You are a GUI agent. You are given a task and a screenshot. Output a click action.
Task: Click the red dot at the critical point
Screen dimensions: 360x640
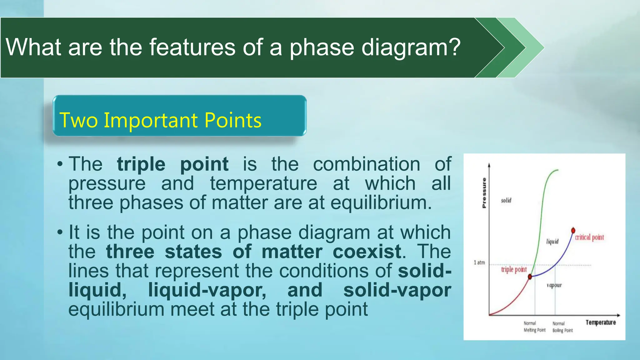click(573, 231)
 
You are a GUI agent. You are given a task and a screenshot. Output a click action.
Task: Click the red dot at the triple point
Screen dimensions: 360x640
click(530, 277)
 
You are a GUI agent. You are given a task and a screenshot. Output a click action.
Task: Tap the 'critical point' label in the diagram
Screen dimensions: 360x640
click(589, 237)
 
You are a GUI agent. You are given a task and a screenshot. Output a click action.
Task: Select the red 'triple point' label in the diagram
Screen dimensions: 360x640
click(514, 269)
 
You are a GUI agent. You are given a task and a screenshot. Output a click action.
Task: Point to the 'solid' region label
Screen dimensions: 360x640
click(506, 200)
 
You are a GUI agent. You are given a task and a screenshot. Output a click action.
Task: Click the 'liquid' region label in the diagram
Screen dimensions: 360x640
click(552, 242)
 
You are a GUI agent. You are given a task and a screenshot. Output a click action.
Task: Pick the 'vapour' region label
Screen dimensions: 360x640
click(554, 285)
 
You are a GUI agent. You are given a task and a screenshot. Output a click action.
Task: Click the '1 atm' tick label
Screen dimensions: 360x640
click(479, 262)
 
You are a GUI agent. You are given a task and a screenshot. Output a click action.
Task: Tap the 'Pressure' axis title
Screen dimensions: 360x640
click(484, 193)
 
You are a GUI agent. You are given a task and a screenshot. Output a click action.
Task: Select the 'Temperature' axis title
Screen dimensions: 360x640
click(601, 322)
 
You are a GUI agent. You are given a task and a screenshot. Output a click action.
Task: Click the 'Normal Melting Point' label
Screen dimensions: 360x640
click(534, 327)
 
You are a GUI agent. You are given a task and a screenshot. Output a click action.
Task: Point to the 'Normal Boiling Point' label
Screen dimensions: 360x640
click(562, 327)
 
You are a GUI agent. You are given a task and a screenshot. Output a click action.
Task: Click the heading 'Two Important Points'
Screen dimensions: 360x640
click(160, 120)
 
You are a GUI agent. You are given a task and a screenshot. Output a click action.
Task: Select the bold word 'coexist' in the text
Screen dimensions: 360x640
click(367, 252)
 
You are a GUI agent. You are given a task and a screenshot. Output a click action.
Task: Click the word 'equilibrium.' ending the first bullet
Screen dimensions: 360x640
click(381, 203)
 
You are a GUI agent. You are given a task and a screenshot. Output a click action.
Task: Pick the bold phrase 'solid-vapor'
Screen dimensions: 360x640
click(397, 290)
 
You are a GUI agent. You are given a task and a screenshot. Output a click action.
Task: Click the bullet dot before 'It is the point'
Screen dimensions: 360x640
click(60, 232)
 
